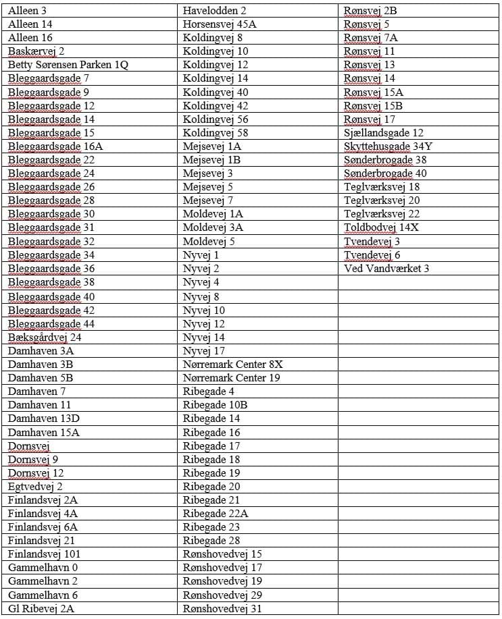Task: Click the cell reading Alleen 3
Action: coord(28,11)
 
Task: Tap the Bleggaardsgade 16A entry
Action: coord(55,146)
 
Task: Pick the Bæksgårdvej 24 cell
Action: coord(45,337)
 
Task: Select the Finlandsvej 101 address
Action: coord(45,554)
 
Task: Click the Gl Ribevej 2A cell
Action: coord(41,609)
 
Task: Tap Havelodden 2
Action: coord(214,11)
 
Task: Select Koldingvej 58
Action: coord(216,133)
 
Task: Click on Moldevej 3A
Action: coord(213,227)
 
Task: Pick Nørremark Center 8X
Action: coord(232,364)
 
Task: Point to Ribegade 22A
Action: coord(216,514)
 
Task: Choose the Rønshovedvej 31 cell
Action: coord(222,609)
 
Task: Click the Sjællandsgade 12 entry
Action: coord(383,133)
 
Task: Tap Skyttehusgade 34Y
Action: coord(388,146)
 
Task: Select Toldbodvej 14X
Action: coord(381,227)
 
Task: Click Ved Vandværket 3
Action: coord(386,269)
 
